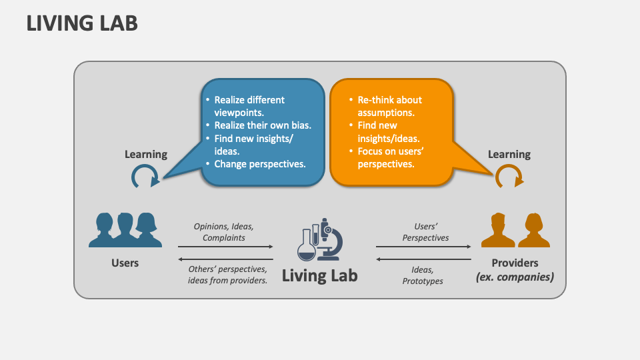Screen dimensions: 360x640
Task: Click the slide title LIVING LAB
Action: coord(82,23)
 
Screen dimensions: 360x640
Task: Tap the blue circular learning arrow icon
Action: coord(145,177)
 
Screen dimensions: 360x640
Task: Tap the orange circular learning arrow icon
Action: coord(509,177)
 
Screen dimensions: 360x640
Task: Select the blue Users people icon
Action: coord(125,230)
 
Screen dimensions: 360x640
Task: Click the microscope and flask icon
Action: coord(320,239)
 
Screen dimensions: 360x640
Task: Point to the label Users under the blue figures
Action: coord(125,263)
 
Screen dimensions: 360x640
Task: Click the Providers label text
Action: coord(514,263)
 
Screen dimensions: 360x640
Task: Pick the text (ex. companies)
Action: coord(514,276)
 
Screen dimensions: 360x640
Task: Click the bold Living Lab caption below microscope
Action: coord(320,275)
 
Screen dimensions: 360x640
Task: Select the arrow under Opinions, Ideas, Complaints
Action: coord(225,247)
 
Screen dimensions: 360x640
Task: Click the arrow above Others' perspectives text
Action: coord(225,259)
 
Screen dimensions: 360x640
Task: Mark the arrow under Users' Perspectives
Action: coord(424,247)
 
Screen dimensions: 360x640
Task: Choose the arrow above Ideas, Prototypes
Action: coord(424,259)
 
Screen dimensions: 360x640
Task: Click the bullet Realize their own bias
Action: coord(263,125)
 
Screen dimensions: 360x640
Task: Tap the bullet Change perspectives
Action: coord(260,163)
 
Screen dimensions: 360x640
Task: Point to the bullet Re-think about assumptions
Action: coord(390,106)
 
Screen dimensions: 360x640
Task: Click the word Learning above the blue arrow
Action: coord(146,154)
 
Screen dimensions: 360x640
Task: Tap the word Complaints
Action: coord(224,237)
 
